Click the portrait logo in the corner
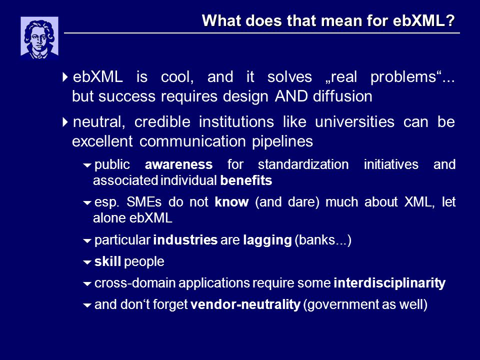click(x=39, y=38)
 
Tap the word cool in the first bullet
click(x=177, y=77)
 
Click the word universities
click(x=354, y=122)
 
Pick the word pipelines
click(x=282, y=141)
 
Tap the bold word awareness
click(x=179, y=164)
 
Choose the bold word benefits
click(x=246, y=180)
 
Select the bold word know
click(x=231, y=202)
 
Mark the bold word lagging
click(x=267, y=240)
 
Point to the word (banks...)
click(x=323, y=240)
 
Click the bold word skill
click(x=108, y=261)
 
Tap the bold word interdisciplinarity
click(x=389, y=283)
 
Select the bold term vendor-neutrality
click(x=245, y=304)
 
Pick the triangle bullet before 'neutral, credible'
click(x=65, y=122)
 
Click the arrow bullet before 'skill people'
click(x=87, y=262)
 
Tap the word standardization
click(x=303, y=164)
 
